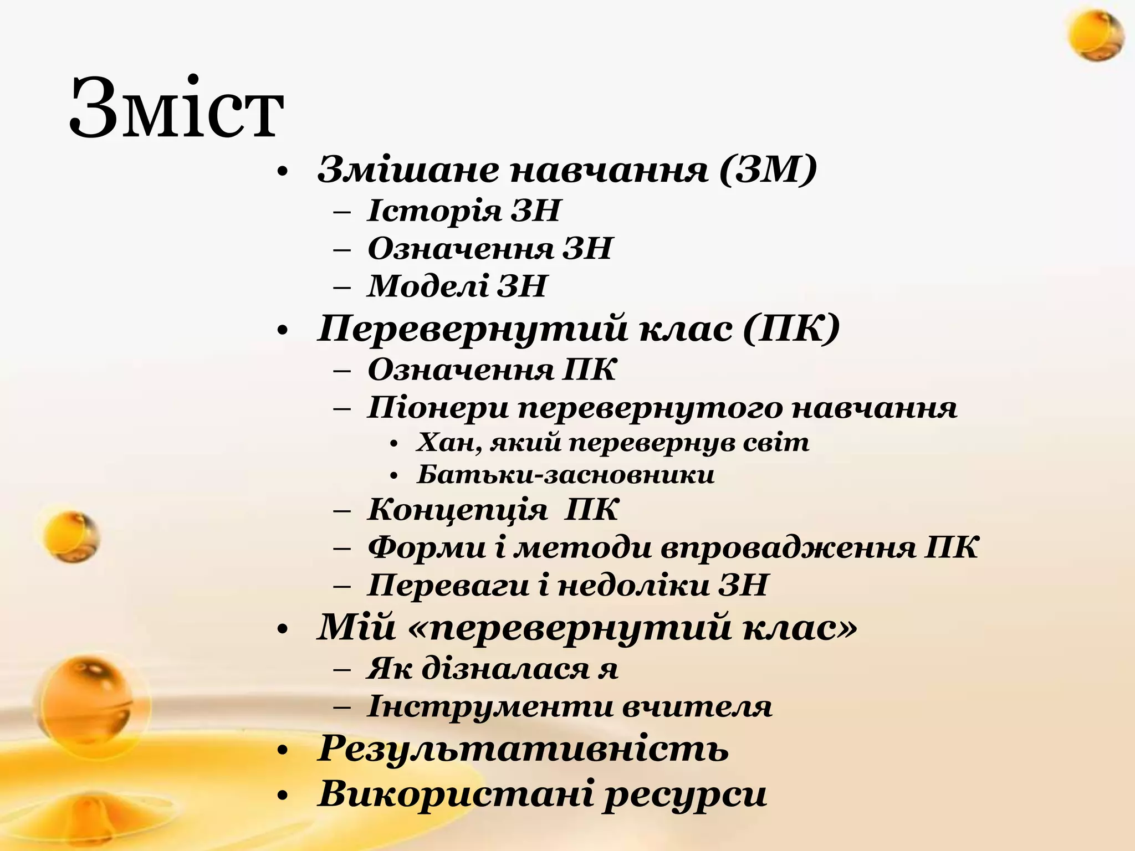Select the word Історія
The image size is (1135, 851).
[433, 211]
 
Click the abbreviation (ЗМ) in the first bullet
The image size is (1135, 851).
[768, 170]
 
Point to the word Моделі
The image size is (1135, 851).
[427, 286]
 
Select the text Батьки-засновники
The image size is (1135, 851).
[566, 475]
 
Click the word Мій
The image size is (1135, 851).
[356, 627]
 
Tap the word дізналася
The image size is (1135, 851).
[504, 669]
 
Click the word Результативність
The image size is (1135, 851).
[523, 749]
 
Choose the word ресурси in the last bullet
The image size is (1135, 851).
[685, 794]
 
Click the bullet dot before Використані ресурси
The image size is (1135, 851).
[283, 796]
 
